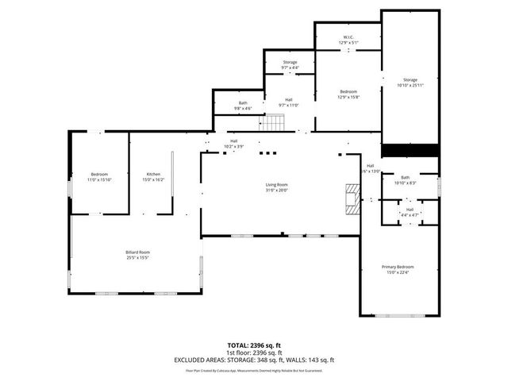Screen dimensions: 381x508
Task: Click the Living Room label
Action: click(x=276, y=187)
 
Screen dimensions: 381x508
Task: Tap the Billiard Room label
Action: click(x=137, y=254)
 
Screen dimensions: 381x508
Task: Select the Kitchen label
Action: click(x=153, y=176)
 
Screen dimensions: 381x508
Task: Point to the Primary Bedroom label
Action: click(x=398, y=269)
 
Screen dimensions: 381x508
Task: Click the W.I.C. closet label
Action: click(x=348, y=40)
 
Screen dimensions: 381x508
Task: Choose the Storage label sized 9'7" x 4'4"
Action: click(x=290, y=64)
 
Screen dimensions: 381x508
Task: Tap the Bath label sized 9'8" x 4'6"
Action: click(x=243, y=106)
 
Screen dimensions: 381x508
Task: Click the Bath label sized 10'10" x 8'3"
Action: click(x=406, y=180)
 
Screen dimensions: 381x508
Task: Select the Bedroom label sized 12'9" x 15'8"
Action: click(x=348, y=94)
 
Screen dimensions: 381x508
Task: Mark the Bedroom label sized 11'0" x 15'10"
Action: click(x=99, y=176)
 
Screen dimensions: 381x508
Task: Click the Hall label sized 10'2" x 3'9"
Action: click(x=234, y=144)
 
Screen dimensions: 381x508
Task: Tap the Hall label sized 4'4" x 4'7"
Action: click(x=410, y=212)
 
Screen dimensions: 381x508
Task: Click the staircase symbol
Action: click(x=274, y=123)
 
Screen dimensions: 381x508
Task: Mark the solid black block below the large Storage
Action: click(x=410, y=150)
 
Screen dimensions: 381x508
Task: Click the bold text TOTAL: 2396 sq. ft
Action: click(x=254, y=345)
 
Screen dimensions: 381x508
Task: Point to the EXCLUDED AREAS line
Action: click(x=254, y=360)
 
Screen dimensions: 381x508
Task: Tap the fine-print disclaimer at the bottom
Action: click(x=254, y=370)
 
